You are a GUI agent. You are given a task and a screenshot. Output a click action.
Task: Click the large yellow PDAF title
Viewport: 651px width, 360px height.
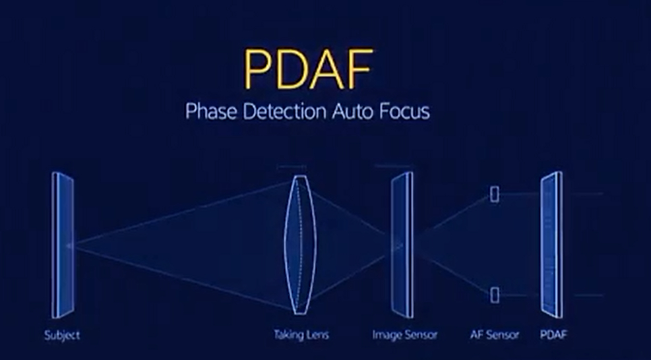307,69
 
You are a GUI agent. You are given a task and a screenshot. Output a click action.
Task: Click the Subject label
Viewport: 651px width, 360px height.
62,335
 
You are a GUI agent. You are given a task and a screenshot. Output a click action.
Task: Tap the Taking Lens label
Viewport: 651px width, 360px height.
301,335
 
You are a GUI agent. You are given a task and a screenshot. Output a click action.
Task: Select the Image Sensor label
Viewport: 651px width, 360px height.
405,335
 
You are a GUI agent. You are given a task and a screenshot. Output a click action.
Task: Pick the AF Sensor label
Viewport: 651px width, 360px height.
495,335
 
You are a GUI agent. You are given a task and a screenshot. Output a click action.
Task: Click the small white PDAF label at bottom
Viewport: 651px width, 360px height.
553,335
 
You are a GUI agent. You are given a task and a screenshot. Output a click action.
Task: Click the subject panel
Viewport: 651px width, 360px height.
63,245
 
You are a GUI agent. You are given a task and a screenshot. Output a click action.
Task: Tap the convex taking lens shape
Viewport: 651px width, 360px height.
300,245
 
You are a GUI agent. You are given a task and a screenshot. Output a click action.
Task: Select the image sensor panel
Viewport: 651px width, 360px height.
402,245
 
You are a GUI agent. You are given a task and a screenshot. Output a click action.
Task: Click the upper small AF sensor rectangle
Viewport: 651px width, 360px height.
495,194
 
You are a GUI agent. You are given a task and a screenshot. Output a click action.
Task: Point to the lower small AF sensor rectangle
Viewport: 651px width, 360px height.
495,295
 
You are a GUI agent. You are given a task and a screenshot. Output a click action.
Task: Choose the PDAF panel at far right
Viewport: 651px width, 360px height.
552,245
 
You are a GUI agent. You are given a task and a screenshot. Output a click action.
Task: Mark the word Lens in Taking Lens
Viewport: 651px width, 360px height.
318,335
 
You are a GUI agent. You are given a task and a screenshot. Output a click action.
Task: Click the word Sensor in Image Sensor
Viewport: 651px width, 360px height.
419,335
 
